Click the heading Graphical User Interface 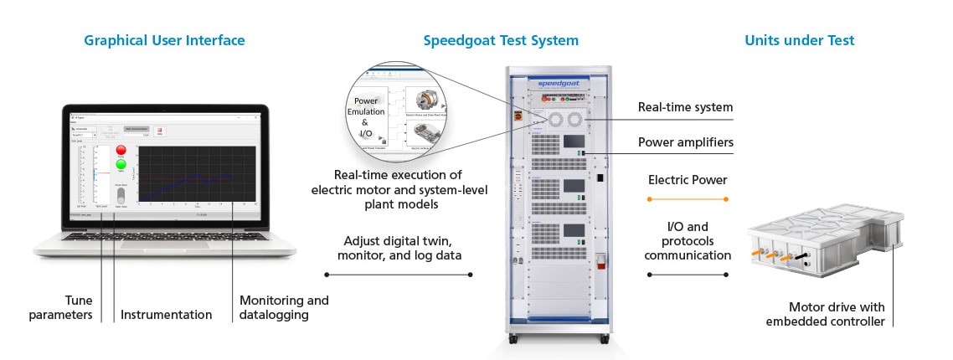click(x=164, y=40)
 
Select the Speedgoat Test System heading click(x=501, y=40)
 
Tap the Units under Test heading click(x=799, y=40)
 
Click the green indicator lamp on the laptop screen click(x=121, y=164)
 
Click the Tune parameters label click(x=60, y=307)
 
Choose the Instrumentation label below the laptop click(x=166, y=315)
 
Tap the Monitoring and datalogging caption click(x=284, y=307)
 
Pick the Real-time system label click(x=685, y=107)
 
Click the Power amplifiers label click(x=685, y=142)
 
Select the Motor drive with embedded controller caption click(x=837, y=314)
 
